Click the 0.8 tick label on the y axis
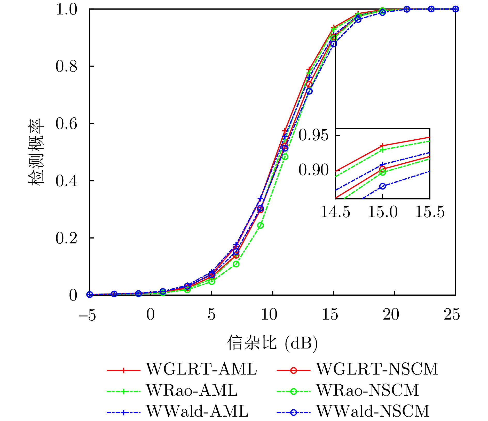(x=66, y=66)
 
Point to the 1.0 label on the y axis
(x=66, y=10)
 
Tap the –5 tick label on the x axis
(x=87, y=315)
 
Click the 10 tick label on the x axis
(x=269, y=315)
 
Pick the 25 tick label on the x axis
(x=452, y=315)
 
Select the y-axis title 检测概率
(x=36, y=152)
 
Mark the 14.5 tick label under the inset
(x=335, y=212)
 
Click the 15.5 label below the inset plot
(x=430, y=212)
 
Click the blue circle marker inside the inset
(x=383, y=186)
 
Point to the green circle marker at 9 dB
(x=261, y=225)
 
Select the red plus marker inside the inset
(x=383, y=146)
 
